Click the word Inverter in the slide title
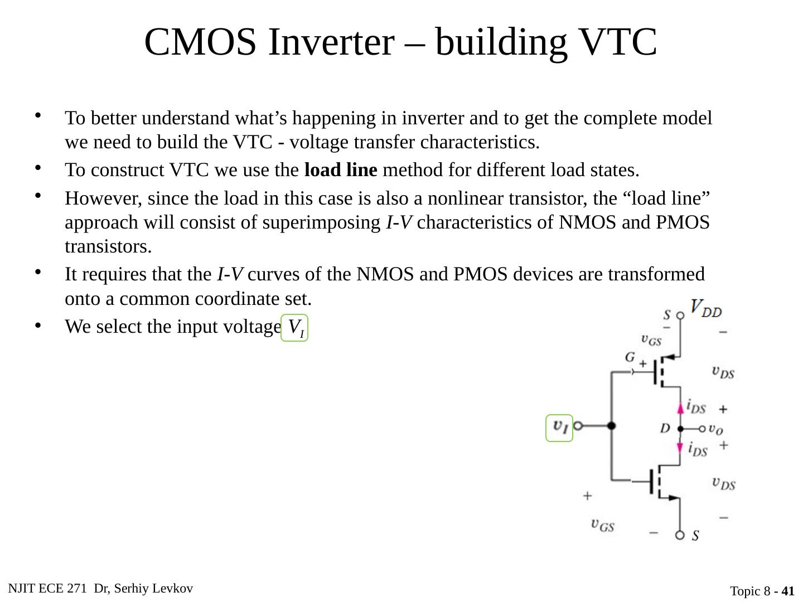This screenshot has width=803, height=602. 330,42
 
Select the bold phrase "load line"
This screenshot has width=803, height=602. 341,170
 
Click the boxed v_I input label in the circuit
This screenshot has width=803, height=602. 559,428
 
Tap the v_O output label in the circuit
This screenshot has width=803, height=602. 716,429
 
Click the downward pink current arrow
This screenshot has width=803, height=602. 680,448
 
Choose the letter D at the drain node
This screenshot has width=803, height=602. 665,429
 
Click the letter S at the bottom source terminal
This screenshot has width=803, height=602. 696,536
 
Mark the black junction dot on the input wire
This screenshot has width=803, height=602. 612,426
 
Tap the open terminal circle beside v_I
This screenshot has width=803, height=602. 578,426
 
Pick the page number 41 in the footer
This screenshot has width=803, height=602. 788,591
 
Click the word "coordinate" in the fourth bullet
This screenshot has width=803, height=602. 234,299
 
